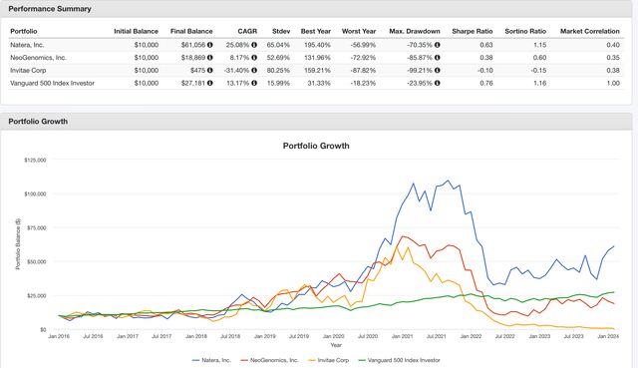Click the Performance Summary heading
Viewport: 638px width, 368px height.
[50, 9]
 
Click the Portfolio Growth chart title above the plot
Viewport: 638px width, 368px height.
[320, 146]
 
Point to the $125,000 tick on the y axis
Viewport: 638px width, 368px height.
[35, 160]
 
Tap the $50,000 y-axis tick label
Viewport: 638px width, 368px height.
[37, 261]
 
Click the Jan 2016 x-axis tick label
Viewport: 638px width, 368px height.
[60, 336]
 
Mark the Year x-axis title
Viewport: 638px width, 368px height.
[336, 345]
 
